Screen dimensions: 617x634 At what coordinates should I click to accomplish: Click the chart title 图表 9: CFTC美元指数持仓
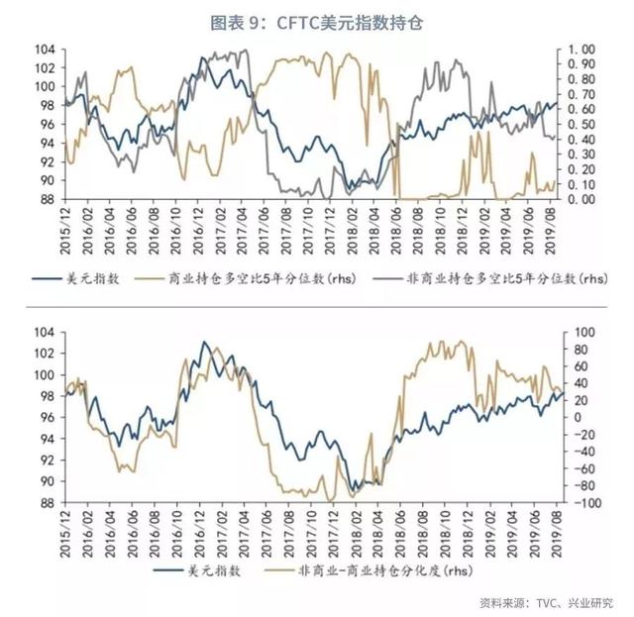[x=316, y=22]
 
